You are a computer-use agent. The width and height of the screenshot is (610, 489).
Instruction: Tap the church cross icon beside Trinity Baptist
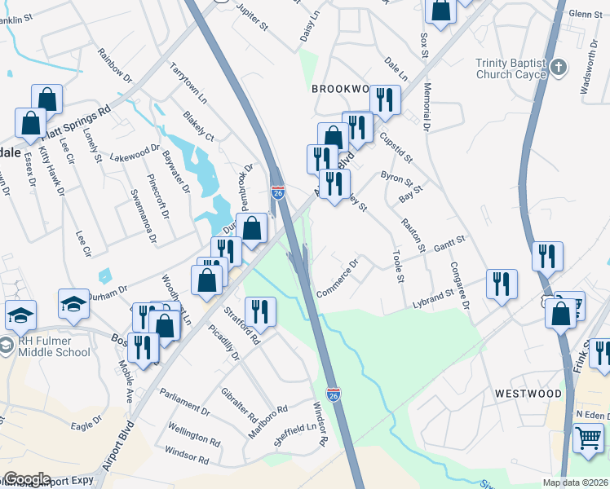(x=558, y=68)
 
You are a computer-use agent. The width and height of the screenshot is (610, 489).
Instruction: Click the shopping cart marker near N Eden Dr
(x=588, y=438)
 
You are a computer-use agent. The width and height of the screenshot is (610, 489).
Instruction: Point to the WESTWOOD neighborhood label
(x=528, y=394)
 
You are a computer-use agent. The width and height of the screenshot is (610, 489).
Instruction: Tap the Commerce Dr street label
(x=338, y=280)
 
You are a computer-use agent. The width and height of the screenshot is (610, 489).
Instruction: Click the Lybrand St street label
(x=432, y=297)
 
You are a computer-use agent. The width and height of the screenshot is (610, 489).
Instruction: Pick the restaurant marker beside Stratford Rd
(x=260, y=311)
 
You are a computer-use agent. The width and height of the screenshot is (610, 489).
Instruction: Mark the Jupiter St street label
(x=251, y=15)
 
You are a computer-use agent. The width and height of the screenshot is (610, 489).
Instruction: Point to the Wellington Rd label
(x=193, y=433)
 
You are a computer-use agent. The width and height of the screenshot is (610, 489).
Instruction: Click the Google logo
(x=26, y=479)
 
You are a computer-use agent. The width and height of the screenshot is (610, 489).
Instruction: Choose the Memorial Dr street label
(x=427, y=106)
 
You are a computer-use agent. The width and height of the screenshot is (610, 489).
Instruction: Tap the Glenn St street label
(x=585, y=14)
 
